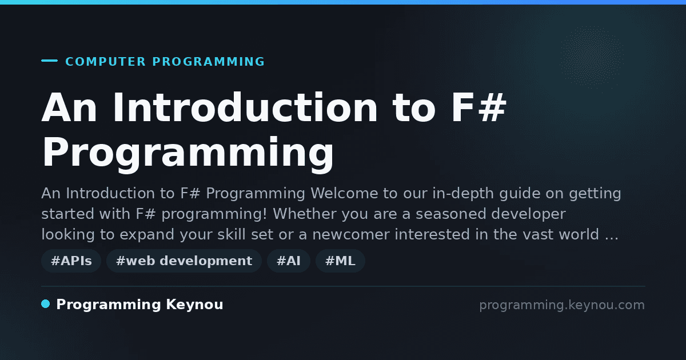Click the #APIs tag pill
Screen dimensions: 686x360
71,261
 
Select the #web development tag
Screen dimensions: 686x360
184,261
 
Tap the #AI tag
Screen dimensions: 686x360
289,261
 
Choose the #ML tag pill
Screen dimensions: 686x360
340,261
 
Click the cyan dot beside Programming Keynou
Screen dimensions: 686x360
46,304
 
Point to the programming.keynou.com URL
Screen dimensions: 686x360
562,305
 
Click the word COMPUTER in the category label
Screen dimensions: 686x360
105,62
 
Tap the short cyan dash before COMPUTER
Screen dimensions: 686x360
49,61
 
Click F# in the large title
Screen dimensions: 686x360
478,107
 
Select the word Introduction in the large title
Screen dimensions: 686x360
245,107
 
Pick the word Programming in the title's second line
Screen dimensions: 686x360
188,153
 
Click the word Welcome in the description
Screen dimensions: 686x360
354,193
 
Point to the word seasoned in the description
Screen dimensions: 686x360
451,214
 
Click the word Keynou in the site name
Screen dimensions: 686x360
194,305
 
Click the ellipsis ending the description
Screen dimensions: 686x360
612,238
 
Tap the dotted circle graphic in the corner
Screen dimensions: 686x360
592,57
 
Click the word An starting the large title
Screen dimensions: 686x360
70,107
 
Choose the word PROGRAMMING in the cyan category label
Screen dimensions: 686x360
208,62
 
